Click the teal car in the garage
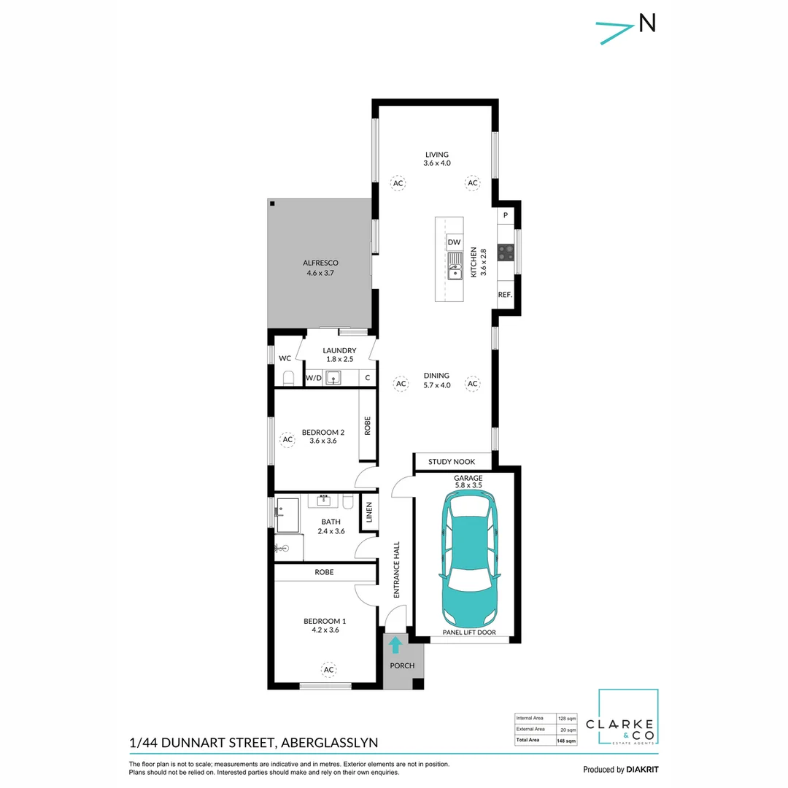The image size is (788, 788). (x=469, y=558)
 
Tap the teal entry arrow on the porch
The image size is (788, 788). (x=395, y=645)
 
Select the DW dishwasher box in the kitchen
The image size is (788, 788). (x=455, y=242)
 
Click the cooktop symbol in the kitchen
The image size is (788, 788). (x=506, y=252)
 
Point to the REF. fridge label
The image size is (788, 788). (x=505, y=295)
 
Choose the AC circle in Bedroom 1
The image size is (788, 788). (x=328, y=669)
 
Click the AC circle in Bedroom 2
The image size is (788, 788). (x=287, y=440)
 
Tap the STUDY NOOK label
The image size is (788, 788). (x=452, y=461)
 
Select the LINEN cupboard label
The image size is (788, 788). (x=369, y=512)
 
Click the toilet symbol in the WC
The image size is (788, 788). (x=288, y=377)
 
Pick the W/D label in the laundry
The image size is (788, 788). (x=314, y=378)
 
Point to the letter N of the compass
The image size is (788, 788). (x=647, y=23)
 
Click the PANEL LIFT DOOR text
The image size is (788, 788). (x=469, y=632)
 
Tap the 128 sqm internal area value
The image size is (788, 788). (x=567, y=719)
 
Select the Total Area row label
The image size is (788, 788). (x=528, y=740)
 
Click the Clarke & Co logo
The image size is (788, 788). (x=627, y=716)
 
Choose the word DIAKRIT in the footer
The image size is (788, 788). (x=642, y=770)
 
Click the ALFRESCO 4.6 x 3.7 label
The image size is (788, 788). (x=320, y=268)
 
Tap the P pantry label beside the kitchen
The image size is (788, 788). (x=506, y=215)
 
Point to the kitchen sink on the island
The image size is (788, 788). (x=455, y=266)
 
